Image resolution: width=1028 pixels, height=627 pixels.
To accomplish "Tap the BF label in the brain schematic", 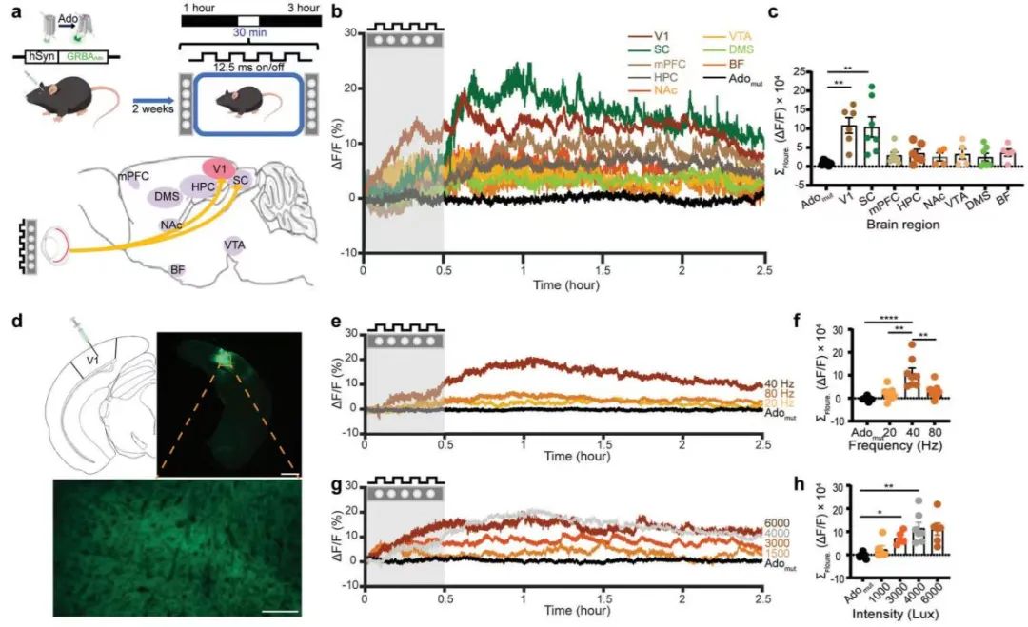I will pos(178,269).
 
